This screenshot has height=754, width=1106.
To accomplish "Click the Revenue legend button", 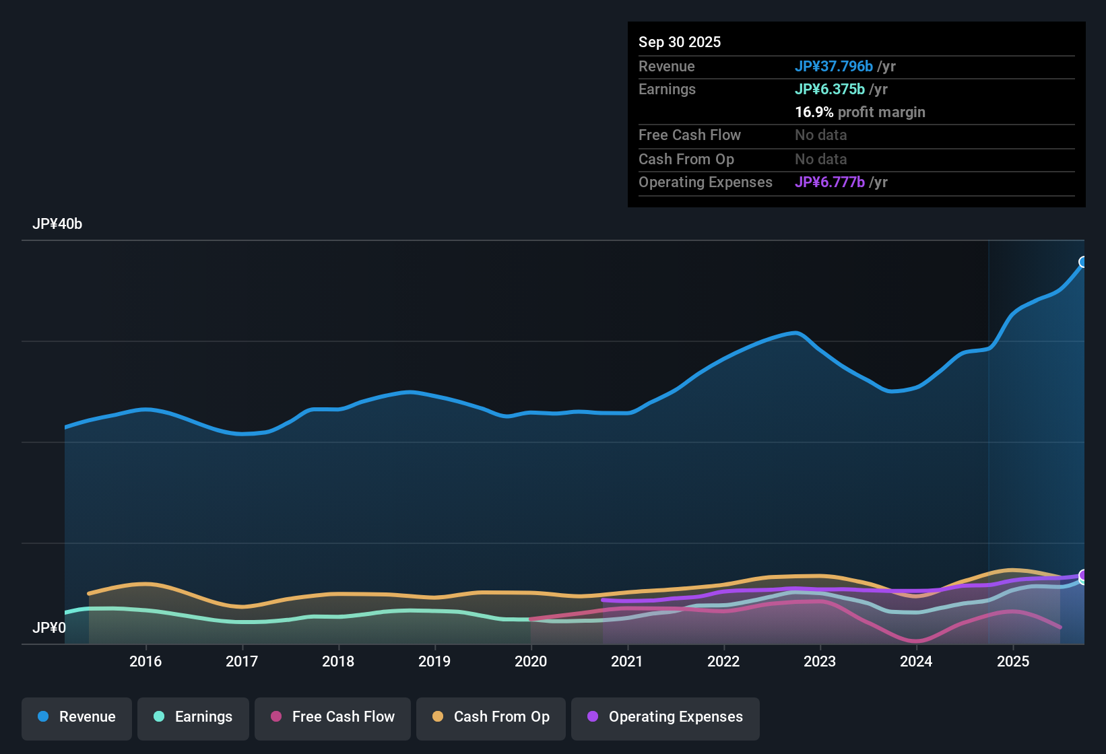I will click(x=77, y=717).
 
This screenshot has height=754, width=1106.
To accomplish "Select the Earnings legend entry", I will click(x=193, y=717).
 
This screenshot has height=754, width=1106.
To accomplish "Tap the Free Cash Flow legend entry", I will click(x=333, y=717).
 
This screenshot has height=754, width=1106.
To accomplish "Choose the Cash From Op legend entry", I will click(x=491, y=717).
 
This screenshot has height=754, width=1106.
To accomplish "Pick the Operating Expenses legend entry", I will click(x=665, y=717).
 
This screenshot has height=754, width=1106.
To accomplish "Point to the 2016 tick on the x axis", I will click(x=145, y=661).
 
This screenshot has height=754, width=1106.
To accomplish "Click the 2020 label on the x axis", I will click(x=531, y=661).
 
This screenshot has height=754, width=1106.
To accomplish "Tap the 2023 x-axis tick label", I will click(x=820, y=661).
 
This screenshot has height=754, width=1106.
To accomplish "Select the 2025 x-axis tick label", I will click(x=1013, y=661).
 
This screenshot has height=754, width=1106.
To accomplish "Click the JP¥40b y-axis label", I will click(x=57, y=224).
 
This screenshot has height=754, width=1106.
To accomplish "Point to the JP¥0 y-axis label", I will click(x=49, y=628).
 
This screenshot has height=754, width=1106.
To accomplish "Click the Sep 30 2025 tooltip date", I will click(x=680, y=42).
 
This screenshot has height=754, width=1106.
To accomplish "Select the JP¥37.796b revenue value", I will click(x=834, y=67).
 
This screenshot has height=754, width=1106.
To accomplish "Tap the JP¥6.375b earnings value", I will click(x=830, y=90).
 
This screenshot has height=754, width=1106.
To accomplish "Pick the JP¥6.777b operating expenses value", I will click(x=830, y=182).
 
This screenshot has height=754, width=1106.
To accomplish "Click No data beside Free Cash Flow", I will click(x=821, y=135).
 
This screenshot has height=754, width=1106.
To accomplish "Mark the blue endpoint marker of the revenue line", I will click(x=1083, y=262).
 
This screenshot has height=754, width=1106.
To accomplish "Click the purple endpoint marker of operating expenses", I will click(x=1083, y=575).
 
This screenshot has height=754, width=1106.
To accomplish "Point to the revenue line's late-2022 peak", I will click(x=796, y=333).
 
